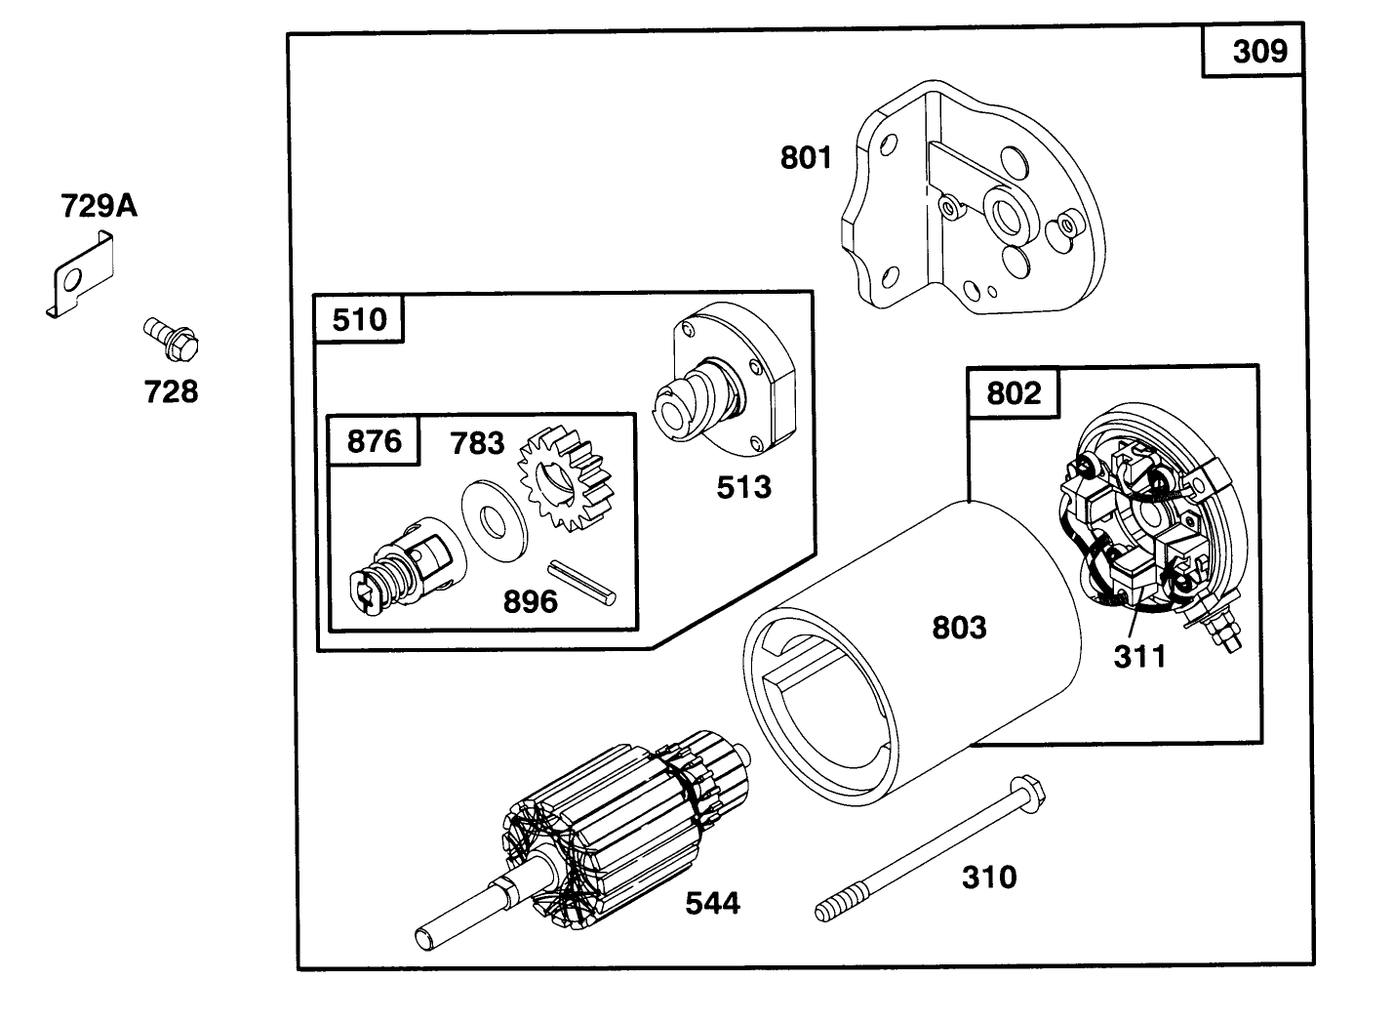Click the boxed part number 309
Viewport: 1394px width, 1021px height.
(1259, 51)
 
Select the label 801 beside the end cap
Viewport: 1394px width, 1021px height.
(806, 157)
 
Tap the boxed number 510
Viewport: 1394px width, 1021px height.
(359, 320)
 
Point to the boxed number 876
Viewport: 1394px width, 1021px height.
(375, 441)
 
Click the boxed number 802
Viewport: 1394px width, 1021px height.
(1014, 393)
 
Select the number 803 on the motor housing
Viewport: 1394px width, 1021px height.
(959, 628)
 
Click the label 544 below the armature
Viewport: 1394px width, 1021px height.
(712, 904)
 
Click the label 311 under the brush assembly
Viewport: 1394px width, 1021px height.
(1139, 657)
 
